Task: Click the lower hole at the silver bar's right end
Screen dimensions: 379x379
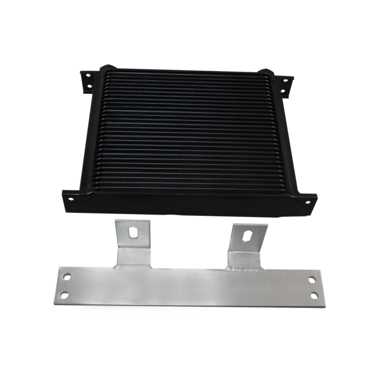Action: point(315,296)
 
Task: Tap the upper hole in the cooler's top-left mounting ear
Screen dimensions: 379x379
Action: point(88,75)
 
